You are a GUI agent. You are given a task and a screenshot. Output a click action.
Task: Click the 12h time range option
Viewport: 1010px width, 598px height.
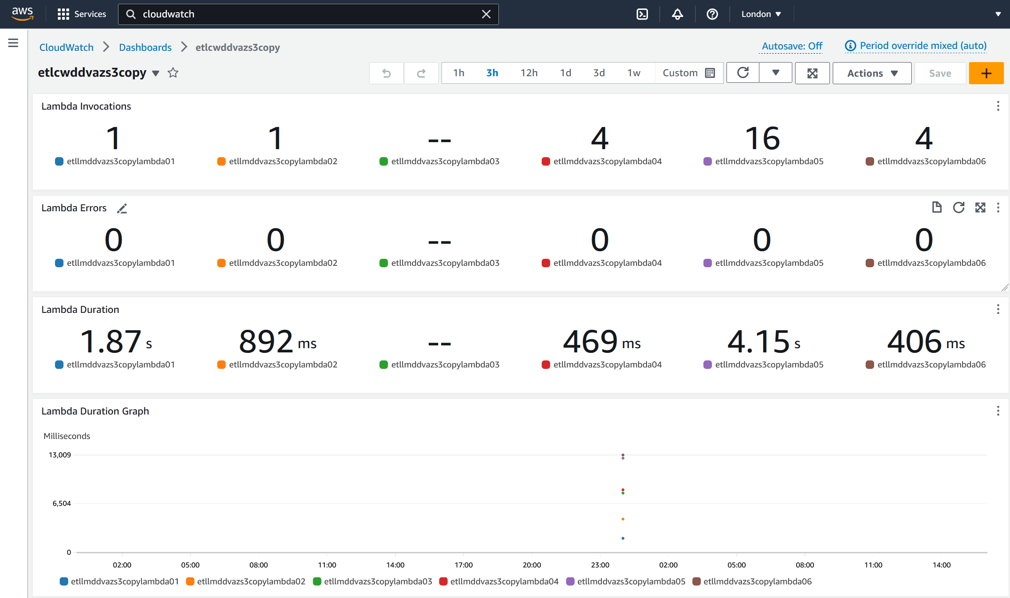point(529,73)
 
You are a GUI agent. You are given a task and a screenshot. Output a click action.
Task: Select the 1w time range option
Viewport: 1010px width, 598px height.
point(633,73)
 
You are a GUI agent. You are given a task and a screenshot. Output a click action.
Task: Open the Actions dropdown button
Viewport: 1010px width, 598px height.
point(872,73)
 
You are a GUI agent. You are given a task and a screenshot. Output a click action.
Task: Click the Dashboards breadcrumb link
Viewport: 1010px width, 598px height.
point(145,48)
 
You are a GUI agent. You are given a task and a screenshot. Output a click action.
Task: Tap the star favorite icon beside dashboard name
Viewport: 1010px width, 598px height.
point(173,73)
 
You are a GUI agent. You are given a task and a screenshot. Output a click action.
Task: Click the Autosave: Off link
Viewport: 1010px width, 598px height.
point(792,46)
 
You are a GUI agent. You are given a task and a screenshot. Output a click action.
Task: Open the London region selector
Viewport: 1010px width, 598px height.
point(761,14)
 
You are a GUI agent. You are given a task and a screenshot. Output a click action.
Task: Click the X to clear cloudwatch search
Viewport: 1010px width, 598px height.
point(486,14)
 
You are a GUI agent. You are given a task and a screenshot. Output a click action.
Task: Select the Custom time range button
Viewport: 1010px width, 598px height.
point(688,73)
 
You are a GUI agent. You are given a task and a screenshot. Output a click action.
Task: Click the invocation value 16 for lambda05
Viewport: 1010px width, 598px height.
point(762,138)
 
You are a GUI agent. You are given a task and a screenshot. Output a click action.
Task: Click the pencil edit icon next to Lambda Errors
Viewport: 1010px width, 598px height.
point(122,208)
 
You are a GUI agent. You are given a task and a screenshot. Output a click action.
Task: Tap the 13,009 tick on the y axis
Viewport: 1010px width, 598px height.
point(60,455)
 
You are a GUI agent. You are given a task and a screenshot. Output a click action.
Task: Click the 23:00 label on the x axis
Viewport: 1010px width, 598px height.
point(600,565)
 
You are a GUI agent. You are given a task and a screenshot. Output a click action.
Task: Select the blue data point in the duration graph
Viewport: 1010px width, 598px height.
point(623,538)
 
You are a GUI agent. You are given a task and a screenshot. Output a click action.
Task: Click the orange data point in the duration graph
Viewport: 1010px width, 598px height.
point(623,519)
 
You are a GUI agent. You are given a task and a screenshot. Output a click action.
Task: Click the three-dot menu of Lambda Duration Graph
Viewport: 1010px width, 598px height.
point(998,411)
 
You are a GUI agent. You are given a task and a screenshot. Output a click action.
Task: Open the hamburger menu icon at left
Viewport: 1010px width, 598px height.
point(13,43)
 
